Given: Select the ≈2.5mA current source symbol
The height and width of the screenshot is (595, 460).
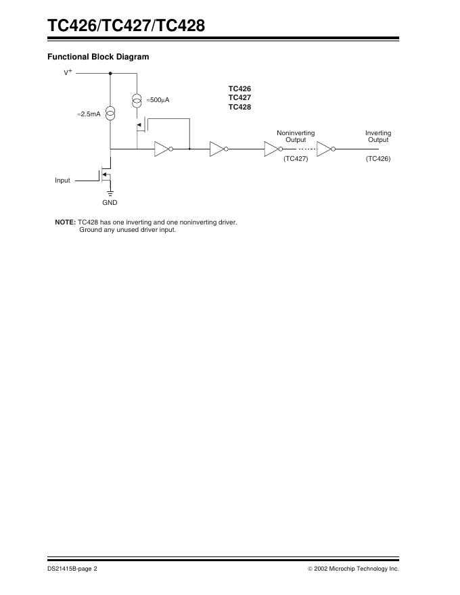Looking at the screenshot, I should tap(110, 113).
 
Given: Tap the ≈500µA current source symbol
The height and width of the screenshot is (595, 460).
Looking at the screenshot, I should tap(137, 100).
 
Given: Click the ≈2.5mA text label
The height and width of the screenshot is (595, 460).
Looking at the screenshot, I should tap(89, 115).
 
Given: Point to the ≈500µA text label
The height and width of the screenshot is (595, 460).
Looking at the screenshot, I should tap(158, 100).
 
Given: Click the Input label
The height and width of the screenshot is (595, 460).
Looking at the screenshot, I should tap(62, 181).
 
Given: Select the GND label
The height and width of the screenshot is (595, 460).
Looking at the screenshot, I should tap(110, 202).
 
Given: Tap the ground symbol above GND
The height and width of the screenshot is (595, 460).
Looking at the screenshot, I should tap(110, 193).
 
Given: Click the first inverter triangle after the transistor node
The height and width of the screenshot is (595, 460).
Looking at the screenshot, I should tap(162, 149).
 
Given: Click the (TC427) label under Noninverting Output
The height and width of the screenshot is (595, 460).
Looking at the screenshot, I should tap(296, 158).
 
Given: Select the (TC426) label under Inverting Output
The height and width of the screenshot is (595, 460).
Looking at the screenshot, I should tap(378, 158).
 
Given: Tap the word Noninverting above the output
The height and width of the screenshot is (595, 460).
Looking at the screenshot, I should tap(296, 133).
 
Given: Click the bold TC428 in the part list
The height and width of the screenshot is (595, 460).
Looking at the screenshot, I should tap(239, 107).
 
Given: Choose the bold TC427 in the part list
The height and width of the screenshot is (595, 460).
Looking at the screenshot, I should tap(239, 97).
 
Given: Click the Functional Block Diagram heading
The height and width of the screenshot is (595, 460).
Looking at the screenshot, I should tap(97, 57).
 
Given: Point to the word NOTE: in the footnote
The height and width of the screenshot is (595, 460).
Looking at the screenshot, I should tap(65, 222).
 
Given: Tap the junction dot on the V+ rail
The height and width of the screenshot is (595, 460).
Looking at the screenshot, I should tap(110, 72).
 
